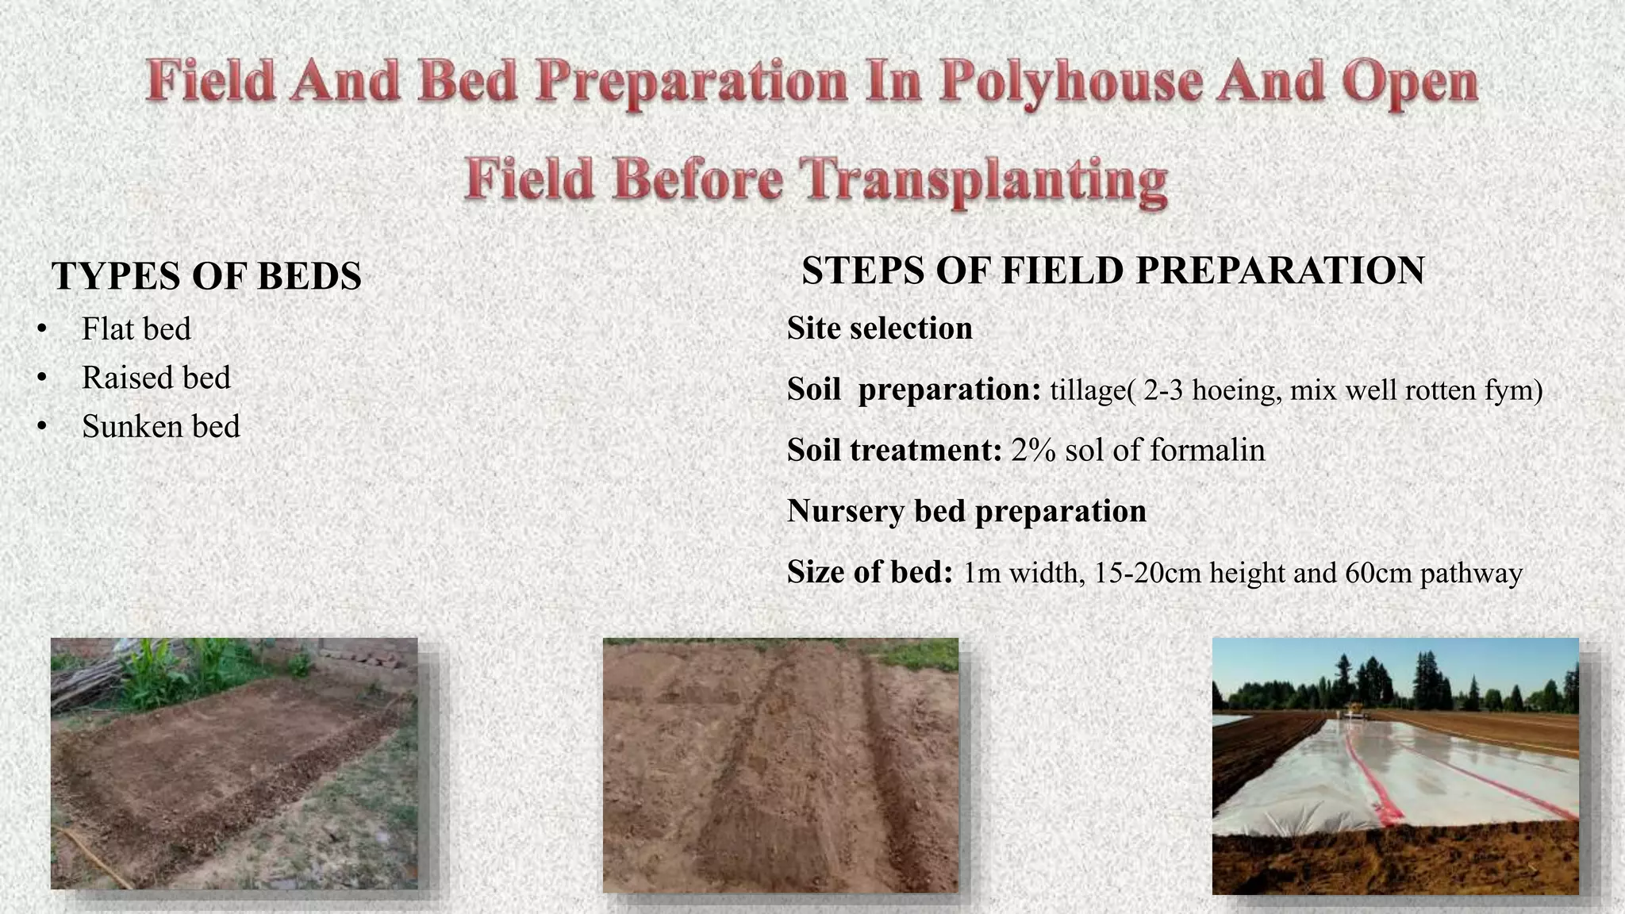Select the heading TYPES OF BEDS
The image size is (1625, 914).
tap(206, 276)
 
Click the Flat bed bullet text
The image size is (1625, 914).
tap(136, 329)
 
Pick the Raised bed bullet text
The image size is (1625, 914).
tap(156, 378)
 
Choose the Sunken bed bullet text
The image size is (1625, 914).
tap(161, 427)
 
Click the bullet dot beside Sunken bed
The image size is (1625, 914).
tap(42, 427)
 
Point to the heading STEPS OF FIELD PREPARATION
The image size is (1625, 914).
tap(1113, 271)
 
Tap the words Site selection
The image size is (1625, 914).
tap(879, 328)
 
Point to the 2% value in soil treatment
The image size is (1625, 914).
tap(1033, 451)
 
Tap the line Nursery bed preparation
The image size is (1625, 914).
tap(966, 511)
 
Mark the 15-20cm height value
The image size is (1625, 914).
tap(1147, 573)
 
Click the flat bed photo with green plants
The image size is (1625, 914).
tap(234, 763)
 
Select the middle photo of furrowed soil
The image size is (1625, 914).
tap(781, 766)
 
